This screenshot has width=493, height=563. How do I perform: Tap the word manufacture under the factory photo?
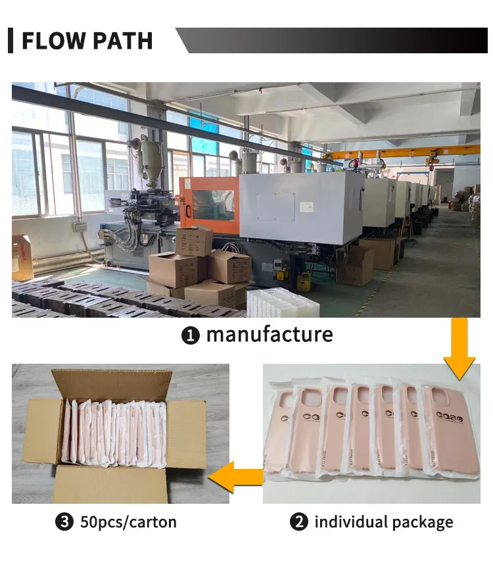click(x=270, y=334)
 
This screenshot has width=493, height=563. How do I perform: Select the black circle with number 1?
click(x=190, y=335)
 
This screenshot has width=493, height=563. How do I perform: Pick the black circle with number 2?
click(x=298, y=523)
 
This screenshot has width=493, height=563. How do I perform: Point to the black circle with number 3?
click(x=64, y=523)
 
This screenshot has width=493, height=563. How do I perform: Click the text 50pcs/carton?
click(x=128, y=523)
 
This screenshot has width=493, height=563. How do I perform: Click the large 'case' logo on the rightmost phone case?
click(x=450, y=417)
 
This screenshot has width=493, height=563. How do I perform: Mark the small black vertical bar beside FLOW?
click(x=11, y=41)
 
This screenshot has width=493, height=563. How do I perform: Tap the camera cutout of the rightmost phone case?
click(x=438, y=395)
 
